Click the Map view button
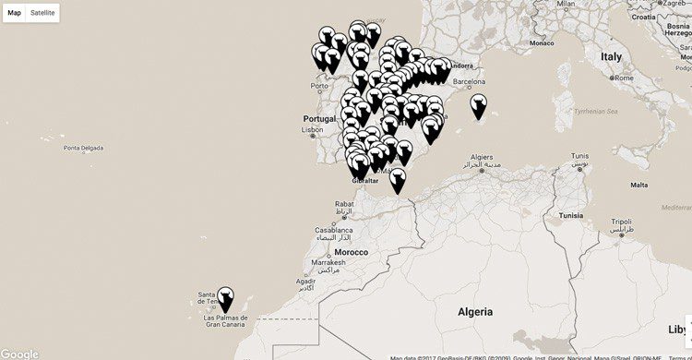point(15,13)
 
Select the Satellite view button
point(42,13)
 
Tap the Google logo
point(19,354)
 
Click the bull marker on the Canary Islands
point(224,298)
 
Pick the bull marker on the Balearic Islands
point(478,106)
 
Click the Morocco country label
point(352,252)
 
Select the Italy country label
point(612,56)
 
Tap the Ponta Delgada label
point(81,148)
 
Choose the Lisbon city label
point(314,130)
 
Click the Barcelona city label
point(469,81)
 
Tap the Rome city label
point(625,78)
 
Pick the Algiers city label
point(483,158)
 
